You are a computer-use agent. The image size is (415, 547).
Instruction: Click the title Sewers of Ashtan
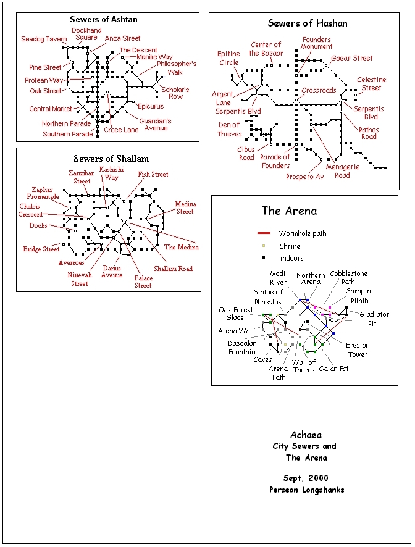click(104, 19)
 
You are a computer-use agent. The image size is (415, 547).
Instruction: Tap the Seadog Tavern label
click(44, 39)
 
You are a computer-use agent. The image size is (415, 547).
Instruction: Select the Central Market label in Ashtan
click(51, 109)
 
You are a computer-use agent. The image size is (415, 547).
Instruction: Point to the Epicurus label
click(151, 106)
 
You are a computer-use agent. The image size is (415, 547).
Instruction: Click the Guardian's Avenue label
click(156, 124)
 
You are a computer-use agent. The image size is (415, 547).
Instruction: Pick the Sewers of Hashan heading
click(308, 23)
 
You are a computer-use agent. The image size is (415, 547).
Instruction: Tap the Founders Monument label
click(317, 43)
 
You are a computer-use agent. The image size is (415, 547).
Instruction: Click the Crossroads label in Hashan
click(319, 90)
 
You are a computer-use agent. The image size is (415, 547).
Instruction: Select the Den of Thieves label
click(229, 129)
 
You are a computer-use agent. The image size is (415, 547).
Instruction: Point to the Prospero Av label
click(304, 177)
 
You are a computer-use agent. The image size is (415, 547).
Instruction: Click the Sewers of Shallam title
click(111, 159)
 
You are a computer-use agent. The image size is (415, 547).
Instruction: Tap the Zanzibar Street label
click(82, 177)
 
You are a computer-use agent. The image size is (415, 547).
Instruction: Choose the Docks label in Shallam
click(38, 225)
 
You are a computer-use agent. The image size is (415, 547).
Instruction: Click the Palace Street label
click(143, 282)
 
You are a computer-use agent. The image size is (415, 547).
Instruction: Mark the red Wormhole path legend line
click(264, 233)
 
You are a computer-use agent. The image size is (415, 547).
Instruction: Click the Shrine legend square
click(264, 246)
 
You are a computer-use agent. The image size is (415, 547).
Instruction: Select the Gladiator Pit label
click(374, 319)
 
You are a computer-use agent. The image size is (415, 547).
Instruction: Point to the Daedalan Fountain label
click(242, 348)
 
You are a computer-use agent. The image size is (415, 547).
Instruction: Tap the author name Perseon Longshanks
click(306, 490)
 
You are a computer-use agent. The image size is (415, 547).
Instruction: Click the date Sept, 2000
click(306, 478)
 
